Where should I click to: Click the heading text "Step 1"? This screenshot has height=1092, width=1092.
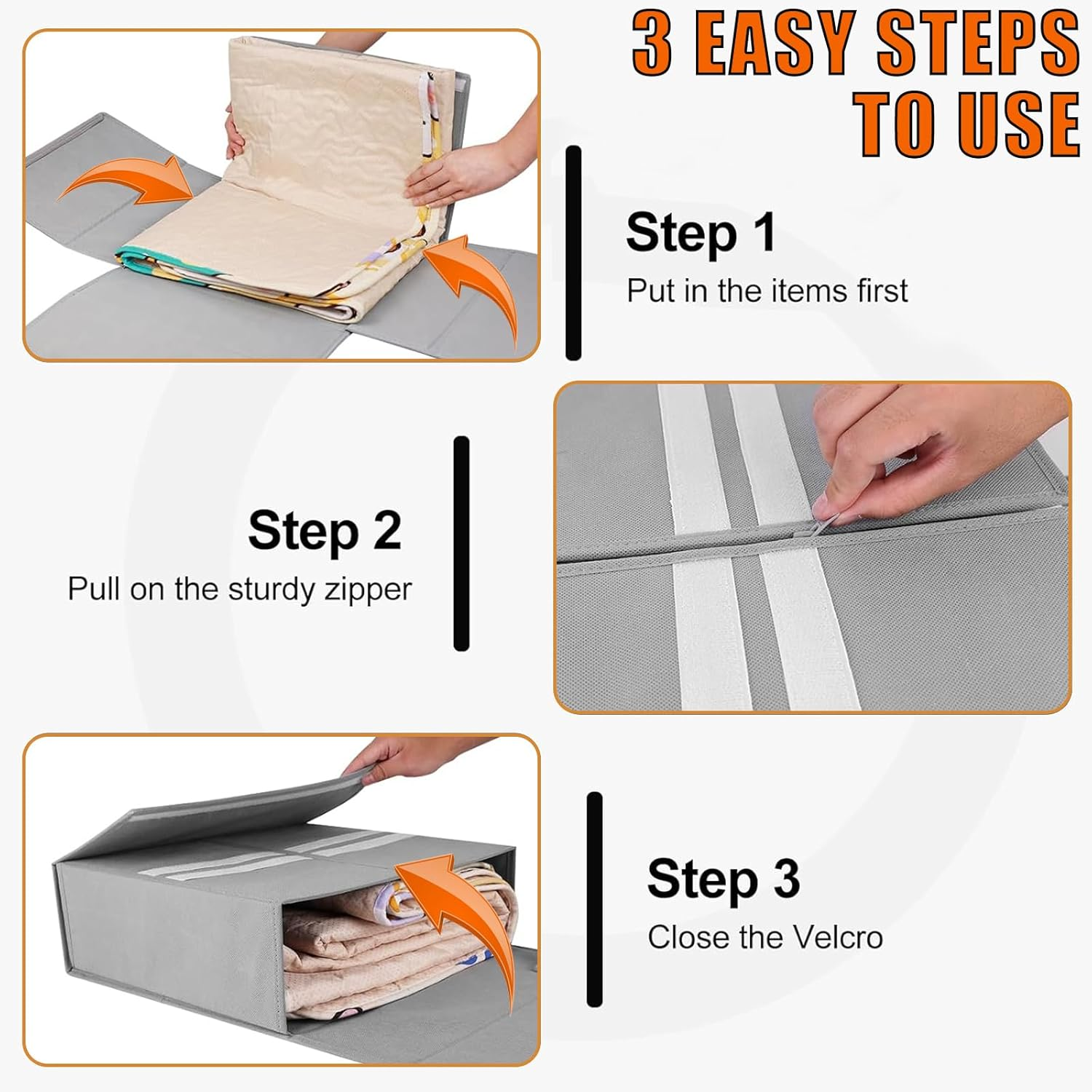[700, 233]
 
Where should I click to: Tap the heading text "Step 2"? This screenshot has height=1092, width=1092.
[325, 531]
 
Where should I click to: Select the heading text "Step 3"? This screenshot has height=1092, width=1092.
[724, 879]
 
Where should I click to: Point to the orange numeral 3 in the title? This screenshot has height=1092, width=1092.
[652, 43]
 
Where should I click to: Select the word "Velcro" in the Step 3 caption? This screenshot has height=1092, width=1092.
[838, 938]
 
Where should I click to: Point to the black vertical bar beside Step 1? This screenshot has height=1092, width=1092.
[574, 253]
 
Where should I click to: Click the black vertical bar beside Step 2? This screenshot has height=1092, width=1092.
[461, 543]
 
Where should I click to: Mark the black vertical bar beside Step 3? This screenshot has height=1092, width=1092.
[595, 900]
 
